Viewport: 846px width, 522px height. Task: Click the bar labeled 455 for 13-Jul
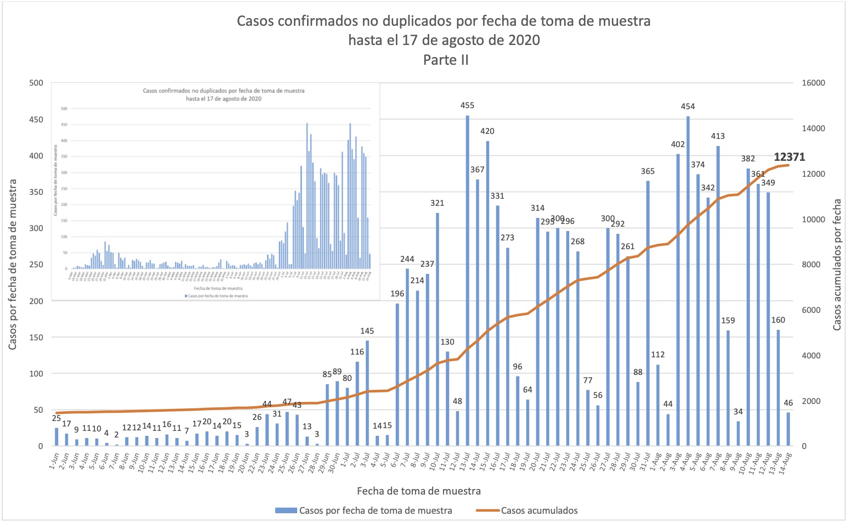[468, 280]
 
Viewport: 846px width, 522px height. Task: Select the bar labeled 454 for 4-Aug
[688, 280]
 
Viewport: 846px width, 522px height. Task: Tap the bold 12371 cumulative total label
[789, 157]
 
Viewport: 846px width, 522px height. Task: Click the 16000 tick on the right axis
[814, 83]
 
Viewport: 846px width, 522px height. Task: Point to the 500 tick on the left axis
[36, 83]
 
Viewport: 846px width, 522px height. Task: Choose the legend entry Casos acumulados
[539, 510]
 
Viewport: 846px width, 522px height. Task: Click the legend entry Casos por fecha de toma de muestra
[376, 510]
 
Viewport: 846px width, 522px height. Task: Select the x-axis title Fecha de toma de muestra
[419, 491]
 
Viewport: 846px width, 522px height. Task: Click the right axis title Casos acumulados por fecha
[837, 265]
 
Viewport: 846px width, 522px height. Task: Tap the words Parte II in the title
[446, 60]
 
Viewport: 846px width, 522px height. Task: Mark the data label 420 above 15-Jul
[487, 131]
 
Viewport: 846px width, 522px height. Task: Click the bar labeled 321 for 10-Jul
[438, 329]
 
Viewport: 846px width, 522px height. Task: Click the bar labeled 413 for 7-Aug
[718, 296]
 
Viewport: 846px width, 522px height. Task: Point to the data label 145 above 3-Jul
[367, 331]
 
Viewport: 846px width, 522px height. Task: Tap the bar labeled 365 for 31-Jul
[648, 313]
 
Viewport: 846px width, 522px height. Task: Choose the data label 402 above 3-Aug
[678, 144]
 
